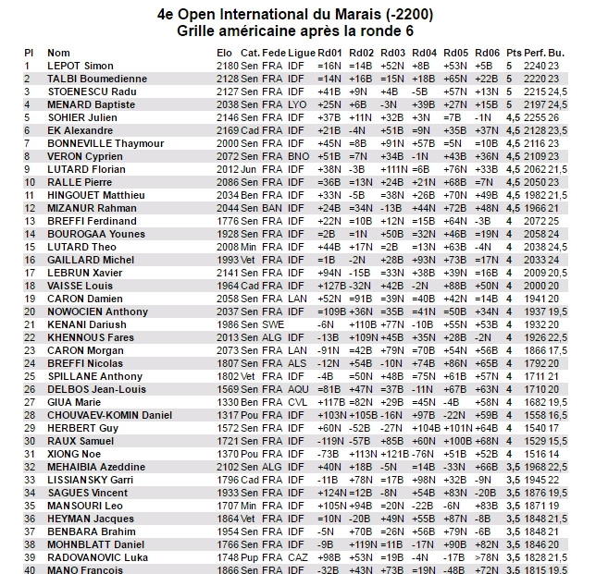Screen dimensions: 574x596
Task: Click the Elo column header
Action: pyautogui.click(x=224, y=53)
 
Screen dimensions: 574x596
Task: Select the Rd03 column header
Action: pyautogui.click(x=391, y=53)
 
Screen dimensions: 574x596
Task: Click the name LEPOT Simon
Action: pyautogui.click(x=81, y=67)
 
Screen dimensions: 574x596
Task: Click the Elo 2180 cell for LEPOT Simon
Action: pyautogui.click(x=227, y=67)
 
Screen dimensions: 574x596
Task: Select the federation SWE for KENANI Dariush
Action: pyautogui.click(x=275, y=325)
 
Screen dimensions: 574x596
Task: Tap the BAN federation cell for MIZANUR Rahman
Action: pyautogui.click(x=274, y=209)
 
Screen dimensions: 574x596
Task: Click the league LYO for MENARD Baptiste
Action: pyautogui.click(x=297, y=105)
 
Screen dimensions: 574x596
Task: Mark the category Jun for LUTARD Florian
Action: pyautogui.click(x=249, y=170)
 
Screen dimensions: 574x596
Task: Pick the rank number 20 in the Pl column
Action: pyautogui.click(x=29, y=312)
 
